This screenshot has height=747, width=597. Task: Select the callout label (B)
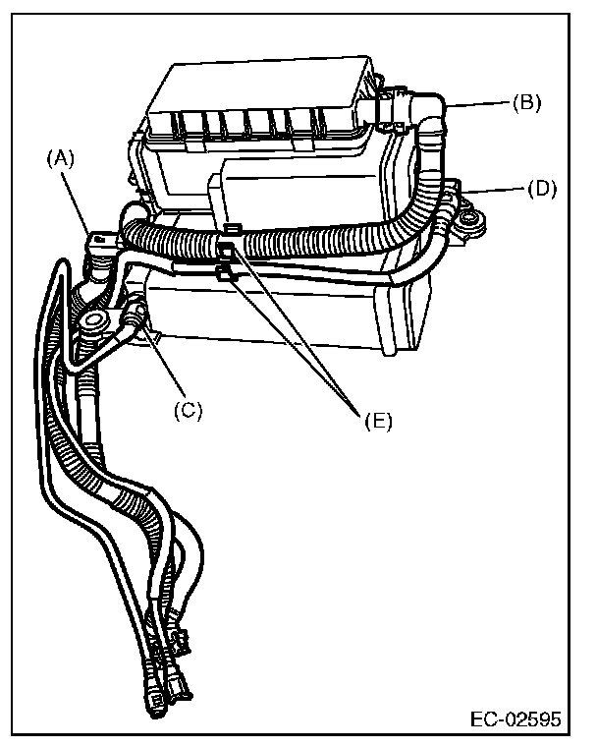(526, 102)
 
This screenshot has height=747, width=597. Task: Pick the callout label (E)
(376, 421)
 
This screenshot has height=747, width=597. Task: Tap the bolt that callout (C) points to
(136, 316)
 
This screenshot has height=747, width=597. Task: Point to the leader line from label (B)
(479, 102)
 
